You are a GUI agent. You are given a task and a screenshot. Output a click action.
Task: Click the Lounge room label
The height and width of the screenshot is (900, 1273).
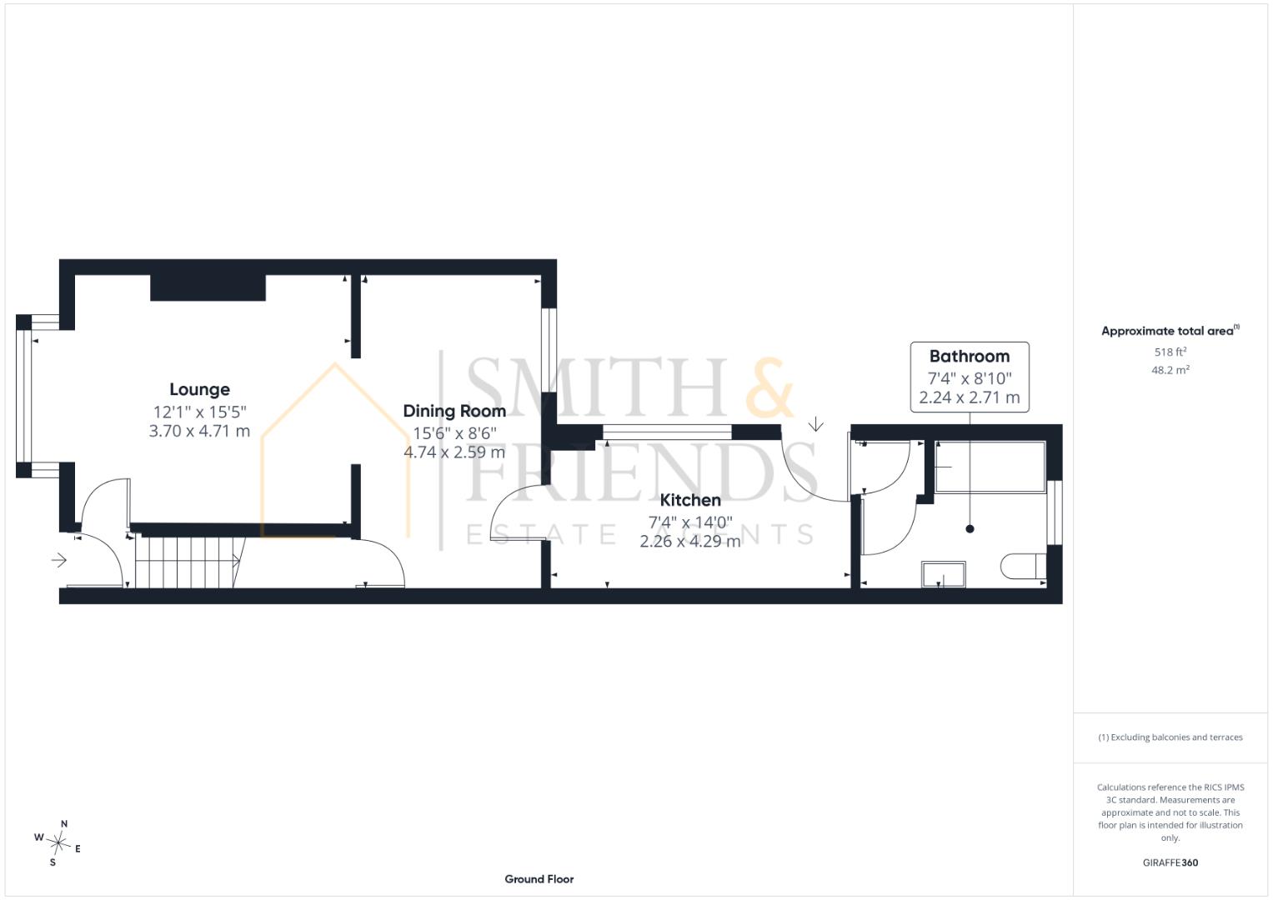[x=199, y=389]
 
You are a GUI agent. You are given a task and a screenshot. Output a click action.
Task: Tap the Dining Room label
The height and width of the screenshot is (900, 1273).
[x=454, y=411]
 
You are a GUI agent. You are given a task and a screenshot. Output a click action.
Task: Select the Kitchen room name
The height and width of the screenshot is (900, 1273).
[x=690, y=500]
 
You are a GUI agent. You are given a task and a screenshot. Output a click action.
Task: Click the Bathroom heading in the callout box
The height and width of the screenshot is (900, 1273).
[x=970, y=357]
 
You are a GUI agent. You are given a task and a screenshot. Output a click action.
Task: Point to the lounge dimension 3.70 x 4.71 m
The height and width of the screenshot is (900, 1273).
[x=199, y=431]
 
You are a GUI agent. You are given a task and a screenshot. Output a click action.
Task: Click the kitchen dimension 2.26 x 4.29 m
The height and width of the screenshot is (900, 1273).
[x=690, y=541]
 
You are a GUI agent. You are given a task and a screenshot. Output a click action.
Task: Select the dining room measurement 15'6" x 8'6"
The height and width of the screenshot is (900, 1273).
[x=454, y=433]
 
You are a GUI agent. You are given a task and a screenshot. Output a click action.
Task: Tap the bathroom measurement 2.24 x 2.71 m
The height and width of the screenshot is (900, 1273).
[x=970, y=397]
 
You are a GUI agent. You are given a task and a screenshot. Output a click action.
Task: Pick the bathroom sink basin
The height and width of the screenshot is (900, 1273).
[x=944, y=574]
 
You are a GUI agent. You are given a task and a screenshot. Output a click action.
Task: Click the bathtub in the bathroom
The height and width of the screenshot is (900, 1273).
[x=990, y=467]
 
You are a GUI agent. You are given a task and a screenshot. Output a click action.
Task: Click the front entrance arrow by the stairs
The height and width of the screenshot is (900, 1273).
[x=59, y=560]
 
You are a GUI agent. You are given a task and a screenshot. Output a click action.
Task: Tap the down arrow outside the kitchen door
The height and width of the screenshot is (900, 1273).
[x=815, y=424]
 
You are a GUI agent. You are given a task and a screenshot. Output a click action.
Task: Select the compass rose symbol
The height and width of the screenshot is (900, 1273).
[x=58, y=843]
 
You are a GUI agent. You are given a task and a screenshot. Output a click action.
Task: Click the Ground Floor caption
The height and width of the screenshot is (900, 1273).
[x=539, y=879]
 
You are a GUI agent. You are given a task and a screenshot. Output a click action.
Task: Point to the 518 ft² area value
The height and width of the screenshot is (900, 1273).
[x=1170, y=352]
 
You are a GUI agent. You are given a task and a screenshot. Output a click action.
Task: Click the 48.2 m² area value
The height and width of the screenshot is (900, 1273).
[x=1170, y=370]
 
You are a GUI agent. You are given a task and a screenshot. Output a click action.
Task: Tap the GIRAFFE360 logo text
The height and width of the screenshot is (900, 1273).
[x=1170, y=862]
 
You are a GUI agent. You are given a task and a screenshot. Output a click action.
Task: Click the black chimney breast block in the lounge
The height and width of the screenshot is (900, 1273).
[x=208, y=287]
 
